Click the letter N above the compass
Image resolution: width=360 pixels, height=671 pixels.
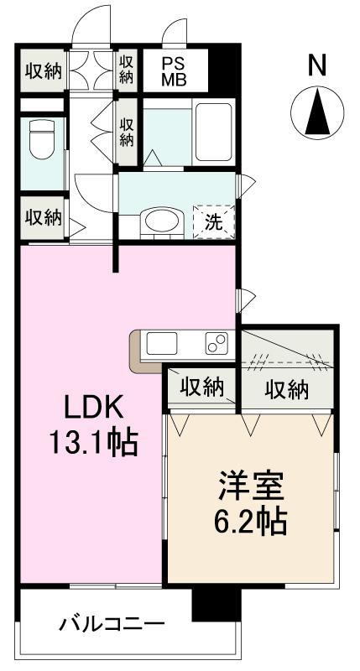point(316,65)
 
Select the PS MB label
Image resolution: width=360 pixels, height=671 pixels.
point(174,70)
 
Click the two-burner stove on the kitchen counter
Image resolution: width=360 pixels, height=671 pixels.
point(215,343)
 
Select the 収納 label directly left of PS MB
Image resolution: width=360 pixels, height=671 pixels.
point(126,70)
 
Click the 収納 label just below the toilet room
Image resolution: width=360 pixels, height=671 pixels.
point(43,217)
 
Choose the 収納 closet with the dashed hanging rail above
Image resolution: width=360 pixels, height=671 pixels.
point(287,388)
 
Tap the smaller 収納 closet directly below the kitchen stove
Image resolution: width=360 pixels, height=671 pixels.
point(201,388)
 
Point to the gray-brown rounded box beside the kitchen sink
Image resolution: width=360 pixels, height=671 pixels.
point(136,349)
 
